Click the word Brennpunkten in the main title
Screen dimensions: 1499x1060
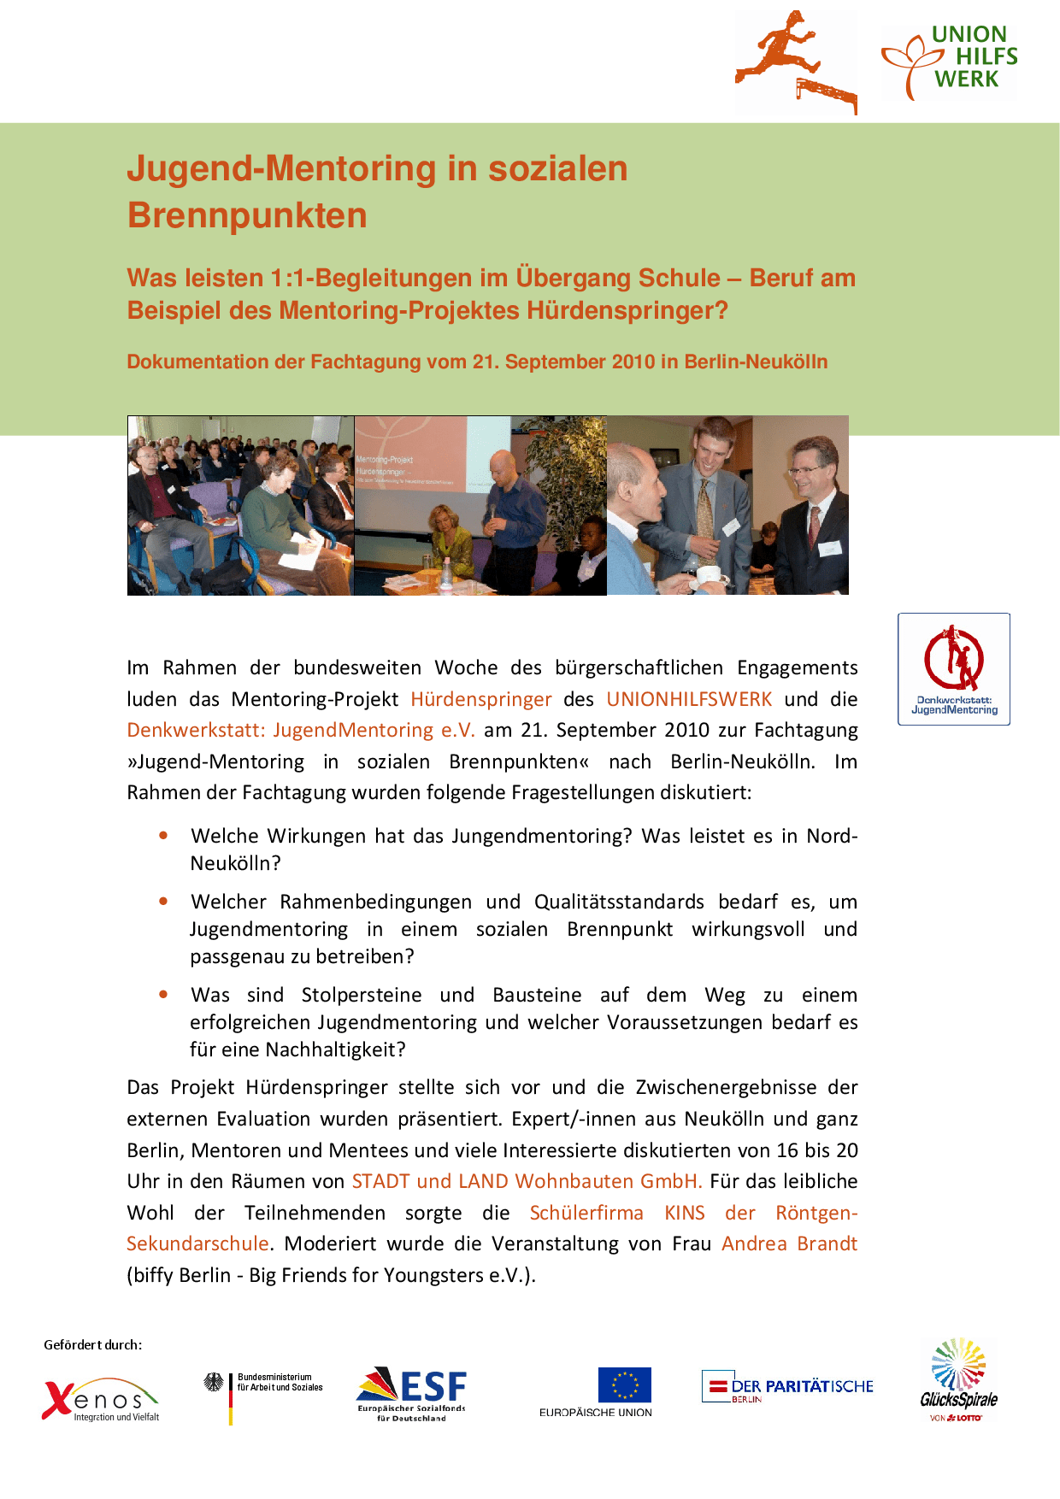click(x=247, y=215)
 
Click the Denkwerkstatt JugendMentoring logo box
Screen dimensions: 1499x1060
click(x=954, y=669)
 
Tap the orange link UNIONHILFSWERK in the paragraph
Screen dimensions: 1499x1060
click(x=689, y=699)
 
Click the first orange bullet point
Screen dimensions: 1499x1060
click(x=163, y=836)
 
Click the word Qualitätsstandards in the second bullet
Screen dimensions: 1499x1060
click(x=619, y=902)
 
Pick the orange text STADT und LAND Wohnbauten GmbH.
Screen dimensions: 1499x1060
click(x=527, y=1181)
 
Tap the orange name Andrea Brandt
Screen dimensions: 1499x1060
click(x=789, y=1243)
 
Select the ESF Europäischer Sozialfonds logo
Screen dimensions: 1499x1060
click(x=412, y=1394)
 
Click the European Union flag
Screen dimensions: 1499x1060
click(x=624, y=1385)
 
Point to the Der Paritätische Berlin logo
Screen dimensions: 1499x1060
click(x=787, y=1386)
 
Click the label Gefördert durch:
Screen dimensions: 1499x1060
click(x=93, y=1344)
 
